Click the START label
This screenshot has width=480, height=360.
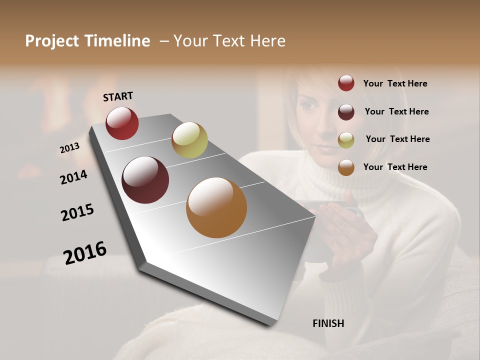pyautogui.click(x=118, y=96)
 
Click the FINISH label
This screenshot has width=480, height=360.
pyautogui.click(x=328, y=323)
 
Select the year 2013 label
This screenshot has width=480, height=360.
pyautogui.click(x=69, y=148)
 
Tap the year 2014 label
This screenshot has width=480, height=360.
pyautogui.click(x=73, y=177)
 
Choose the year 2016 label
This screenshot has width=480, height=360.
pyautogui.click(x=85, y=252)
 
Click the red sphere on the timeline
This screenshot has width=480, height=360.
pyautogui.click(x=122, y=123)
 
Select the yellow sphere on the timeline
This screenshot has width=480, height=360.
pyautogui.click(x=189, y=140)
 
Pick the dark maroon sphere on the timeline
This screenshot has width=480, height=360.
pyautogui.click(x=145, y=180)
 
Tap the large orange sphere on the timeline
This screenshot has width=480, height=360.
pyautogui.click(x=216, y=207)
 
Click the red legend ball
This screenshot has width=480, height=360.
pyautogui.click(x=346, y=83)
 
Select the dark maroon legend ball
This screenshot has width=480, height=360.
pyautogui.click(x=346, y=112)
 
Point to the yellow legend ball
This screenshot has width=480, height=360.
pyautogui.click(x=346, y=140)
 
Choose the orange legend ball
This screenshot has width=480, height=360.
pyautogui.click(x=346, y=167)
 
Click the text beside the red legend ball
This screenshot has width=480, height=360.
pyautogui.click(x=395, y=83)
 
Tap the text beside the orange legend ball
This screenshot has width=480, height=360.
pyautogui.click(x=395, y=167)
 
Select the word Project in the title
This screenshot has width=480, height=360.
pyautogui.click(x=51, y=41)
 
